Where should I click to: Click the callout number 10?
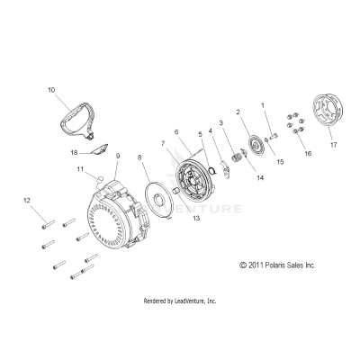click(x=51, y=91)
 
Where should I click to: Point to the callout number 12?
click(x=27, y=200)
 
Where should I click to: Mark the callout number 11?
click(x=80, y=168)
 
